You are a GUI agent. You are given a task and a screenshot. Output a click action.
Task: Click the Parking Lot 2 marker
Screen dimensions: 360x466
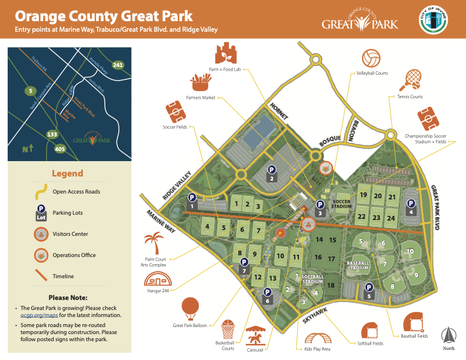271,172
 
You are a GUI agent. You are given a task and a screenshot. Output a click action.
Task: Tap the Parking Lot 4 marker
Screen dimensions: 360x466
411,206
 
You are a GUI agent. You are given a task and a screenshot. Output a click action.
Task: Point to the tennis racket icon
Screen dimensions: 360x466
413,78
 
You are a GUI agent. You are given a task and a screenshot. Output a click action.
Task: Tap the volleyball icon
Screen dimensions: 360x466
371,58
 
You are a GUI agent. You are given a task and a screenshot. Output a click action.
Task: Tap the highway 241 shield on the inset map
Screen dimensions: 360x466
118,65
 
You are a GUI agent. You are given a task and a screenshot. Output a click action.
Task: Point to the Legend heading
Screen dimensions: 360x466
68,174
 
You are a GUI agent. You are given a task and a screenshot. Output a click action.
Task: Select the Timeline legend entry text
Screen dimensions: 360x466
72,276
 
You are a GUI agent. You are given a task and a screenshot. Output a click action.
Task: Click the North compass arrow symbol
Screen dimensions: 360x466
449,335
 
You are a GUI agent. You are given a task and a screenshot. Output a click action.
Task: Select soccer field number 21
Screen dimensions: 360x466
392,196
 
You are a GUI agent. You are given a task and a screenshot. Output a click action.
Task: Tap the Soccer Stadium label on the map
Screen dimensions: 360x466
341,203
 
